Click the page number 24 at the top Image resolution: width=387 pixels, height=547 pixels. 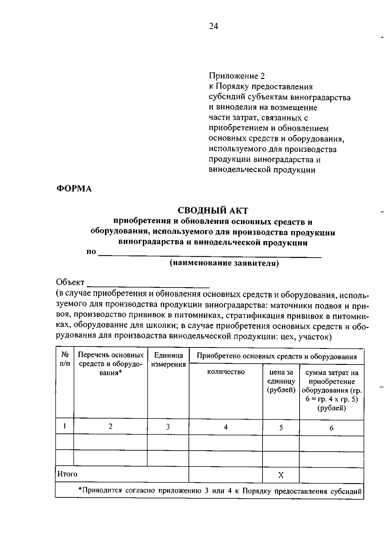[213, 26]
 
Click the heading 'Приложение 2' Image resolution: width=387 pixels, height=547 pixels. [236, 76]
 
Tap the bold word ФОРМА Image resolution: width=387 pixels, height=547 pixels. [74, 189]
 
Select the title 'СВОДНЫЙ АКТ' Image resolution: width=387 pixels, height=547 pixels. [213, 211]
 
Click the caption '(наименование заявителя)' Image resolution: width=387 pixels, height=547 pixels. [224, 263]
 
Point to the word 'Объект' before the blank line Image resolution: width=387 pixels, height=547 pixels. [70, 282]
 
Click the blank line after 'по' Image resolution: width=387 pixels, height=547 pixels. [210, 256]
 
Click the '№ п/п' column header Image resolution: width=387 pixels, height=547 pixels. [65, 359]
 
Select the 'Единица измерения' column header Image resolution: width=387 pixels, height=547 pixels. [168, 360]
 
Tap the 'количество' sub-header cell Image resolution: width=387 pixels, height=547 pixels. [226, 372]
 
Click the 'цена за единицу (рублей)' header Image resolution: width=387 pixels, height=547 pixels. [281, 381]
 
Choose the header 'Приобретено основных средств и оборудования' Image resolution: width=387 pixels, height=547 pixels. [277, 357]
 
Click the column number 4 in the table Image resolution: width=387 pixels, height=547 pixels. [226, 427]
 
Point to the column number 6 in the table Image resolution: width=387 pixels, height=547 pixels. [332, 428]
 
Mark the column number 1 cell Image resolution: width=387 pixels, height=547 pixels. [65, 426]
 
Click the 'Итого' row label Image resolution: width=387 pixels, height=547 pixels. [67, 474]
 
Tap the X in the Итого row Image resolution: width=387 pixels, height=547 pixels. [281, 475]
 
